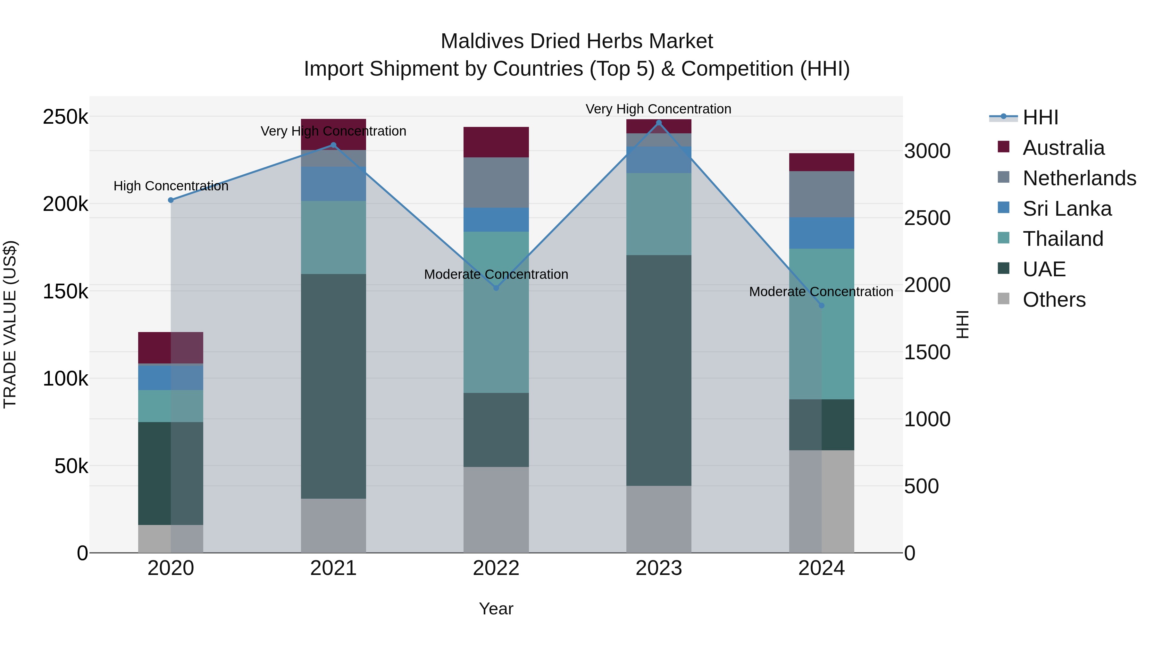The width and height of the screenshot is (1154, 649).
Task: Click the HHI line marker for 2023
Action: (x=658, y=123)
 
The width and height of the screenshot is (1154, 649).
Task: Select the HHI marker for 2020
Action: (x=171, y=200)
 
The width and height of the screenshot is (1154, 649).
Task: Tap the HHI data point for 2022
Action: (x=496, y=288)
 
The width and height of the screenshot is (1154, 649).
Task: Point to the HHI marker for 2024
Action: (x=821, y=305)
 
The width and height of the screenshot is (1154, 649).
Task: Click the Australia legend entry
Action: (x=1063, y=148)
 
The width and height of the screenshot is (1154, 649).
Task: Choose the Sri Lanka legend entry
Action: (x=1066, y=209)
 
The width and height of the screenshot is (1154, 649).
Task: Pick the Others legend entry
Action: (x=1054, y=300)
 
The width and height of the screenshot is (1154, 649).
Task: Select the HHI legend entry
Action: (x=1040, y=117)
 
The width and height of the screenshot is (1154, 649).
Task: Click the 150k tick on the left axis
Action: (x=65, y=292)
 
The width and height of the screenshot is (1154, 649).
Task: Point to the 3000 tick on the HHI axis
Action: (x=927, y=151)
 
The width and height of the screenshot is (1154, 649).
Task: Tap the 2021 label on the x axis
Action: (x=333, y=568)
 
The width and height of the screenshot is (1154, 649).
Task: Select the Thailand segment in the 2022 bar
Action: (x=496, y=312)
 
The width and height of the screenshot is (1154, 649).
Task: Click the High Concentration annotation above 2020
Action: (x=171, y=186)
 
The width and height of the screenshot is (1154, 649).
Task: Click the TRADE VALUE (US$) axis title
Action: (x=10, y=324)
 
